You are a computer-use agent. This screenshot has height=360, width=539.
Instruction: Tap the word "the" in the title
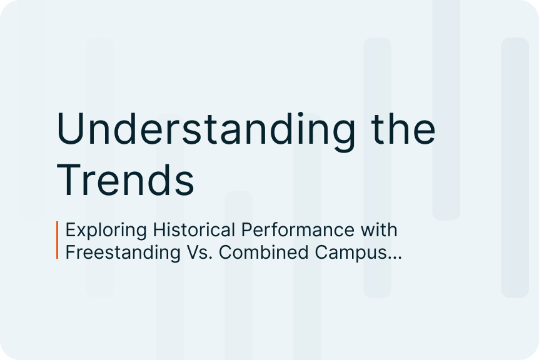403,127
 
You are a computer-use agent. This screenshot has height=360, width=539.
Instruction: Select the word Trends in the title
126,179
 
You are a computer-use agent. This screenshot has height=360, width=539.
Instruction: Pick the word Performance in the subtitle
298,229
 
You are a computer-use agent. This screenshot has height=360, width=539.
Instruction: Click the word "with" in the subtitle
379,229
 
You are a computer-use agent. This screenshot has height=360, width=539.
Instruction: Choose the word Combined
264,252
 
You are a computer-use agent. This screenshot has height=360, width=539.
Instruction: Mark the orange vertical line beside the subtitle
58,240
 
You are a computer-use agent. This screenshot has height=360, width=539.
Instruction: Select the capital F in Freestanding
71,252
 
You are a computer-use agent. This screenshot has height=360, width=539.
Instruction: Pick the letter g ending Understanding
345,136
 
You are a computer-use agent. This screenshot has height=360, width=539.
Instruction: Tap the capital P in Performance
247,230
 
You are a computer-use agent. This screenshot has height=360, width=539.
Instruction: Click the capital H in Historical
159,230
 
